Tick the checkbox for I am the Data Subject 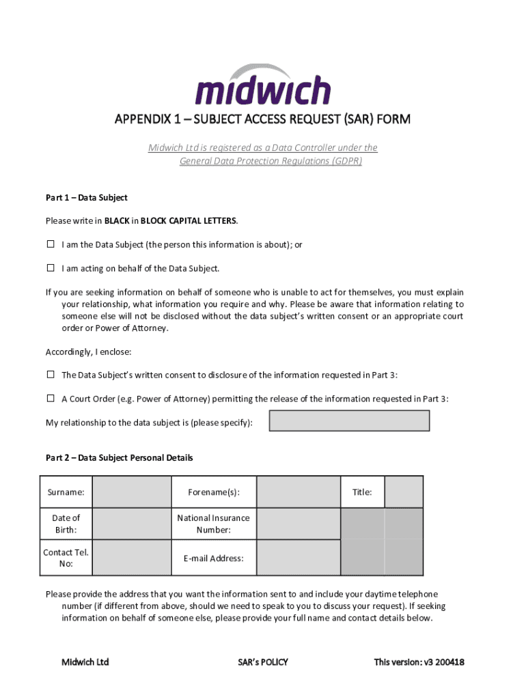pos(51,244)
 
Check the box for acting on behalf pos(51,268)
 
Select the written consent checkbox pos(51,375)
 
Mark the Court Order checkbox pos(51,399)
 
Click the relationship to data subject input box pos(349,421)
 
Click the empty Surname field pos(131,492)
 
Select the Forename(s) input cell pos(298,492)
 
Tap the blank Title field pos(404,492)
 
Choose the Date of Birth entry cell pos(131,524)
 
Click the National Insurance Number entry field pos(298,524)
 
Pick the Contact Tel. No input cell pos(131,558)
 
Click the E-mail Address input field pos(298,558)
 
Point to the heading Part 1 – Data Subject pos(87,198)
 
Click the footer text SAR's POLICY pos(263,662)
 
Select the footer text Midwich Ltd pos(85,662)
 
